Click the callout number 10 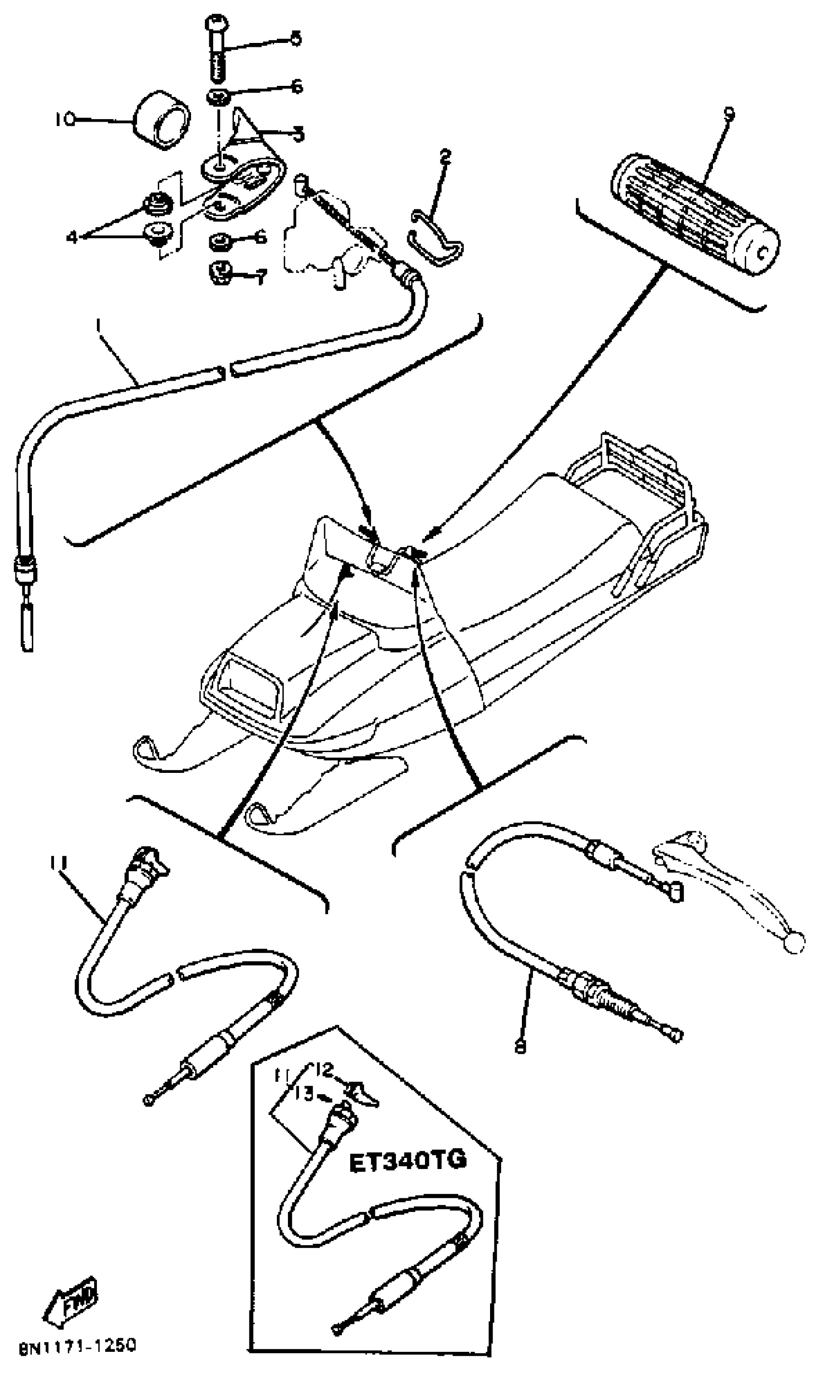click(65, 119)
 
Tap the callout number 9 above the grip click(729, 113)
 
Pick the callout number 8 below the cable click(520, 1046)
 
